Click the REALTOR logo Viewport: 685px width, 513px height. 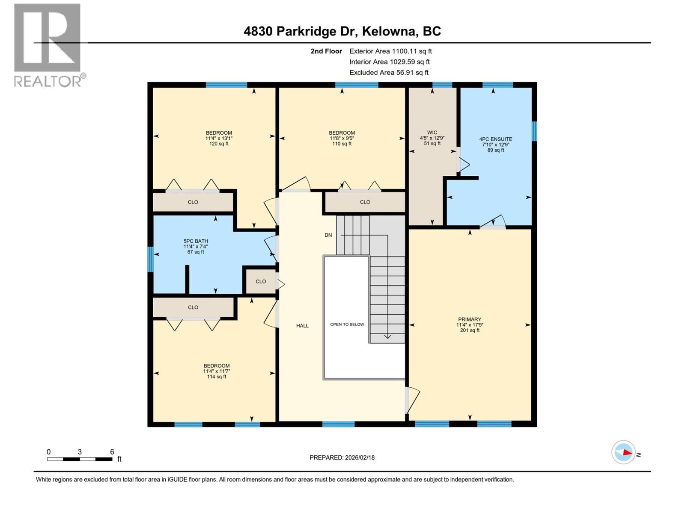pyautogui.click(x=48, y=45)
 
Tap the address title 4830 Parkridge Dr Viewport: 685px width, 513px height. pyautogui.click(x=342, y=31)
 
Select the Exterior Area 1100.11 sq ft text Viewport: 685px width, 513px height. pyautogui.click(x=390, y=51)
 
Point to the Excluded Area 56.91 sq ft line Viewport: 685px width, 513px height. pyautogui.click(x=389, y=73)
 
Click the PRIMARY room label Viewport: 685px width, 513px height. pyautogui.click(x=470, y=324)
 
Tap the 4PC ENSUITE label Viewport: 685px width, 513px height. pyautogui.click(x=495, y=144)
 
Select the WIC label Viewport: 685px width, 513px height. pyautogui.click(x=432, y=138)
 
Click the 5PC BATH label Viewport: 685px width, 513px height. pyautogui.click(x=196, y=246)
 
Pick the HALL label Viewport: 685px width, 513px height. pyautogui.click(x=302, y=326)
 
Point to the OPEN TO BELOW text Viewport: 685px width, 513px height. pyautogui.click(x=347, y=324)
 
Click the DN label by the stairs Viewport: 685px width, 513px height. pyautogui.click(x=328, y=235)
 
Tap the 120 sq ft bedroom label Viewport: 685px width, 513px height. pyautogui.click(x=219, y=138)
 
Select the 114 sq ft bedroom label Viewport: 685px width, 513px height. pyautogui.click(x=216, y=371)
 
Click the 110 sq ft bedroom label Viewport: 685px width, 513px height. pyautogui.click(x=342, y=138)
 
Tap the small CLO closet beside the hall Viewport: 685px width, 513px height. pyautogui.click(x=261, y=281)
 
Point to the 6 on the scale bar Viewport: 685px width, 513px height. pyautogui.click(x=112, y=452)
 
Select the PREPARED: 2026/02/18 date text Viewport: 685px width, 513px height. pyautogui.click(x=342, y=457)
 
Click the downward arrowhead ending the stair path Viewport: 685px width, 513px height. pyautogui.click(x=387, y=336)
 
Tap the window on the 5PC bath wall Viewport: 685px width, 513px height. pyautogui.click(x=150, y=259)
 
